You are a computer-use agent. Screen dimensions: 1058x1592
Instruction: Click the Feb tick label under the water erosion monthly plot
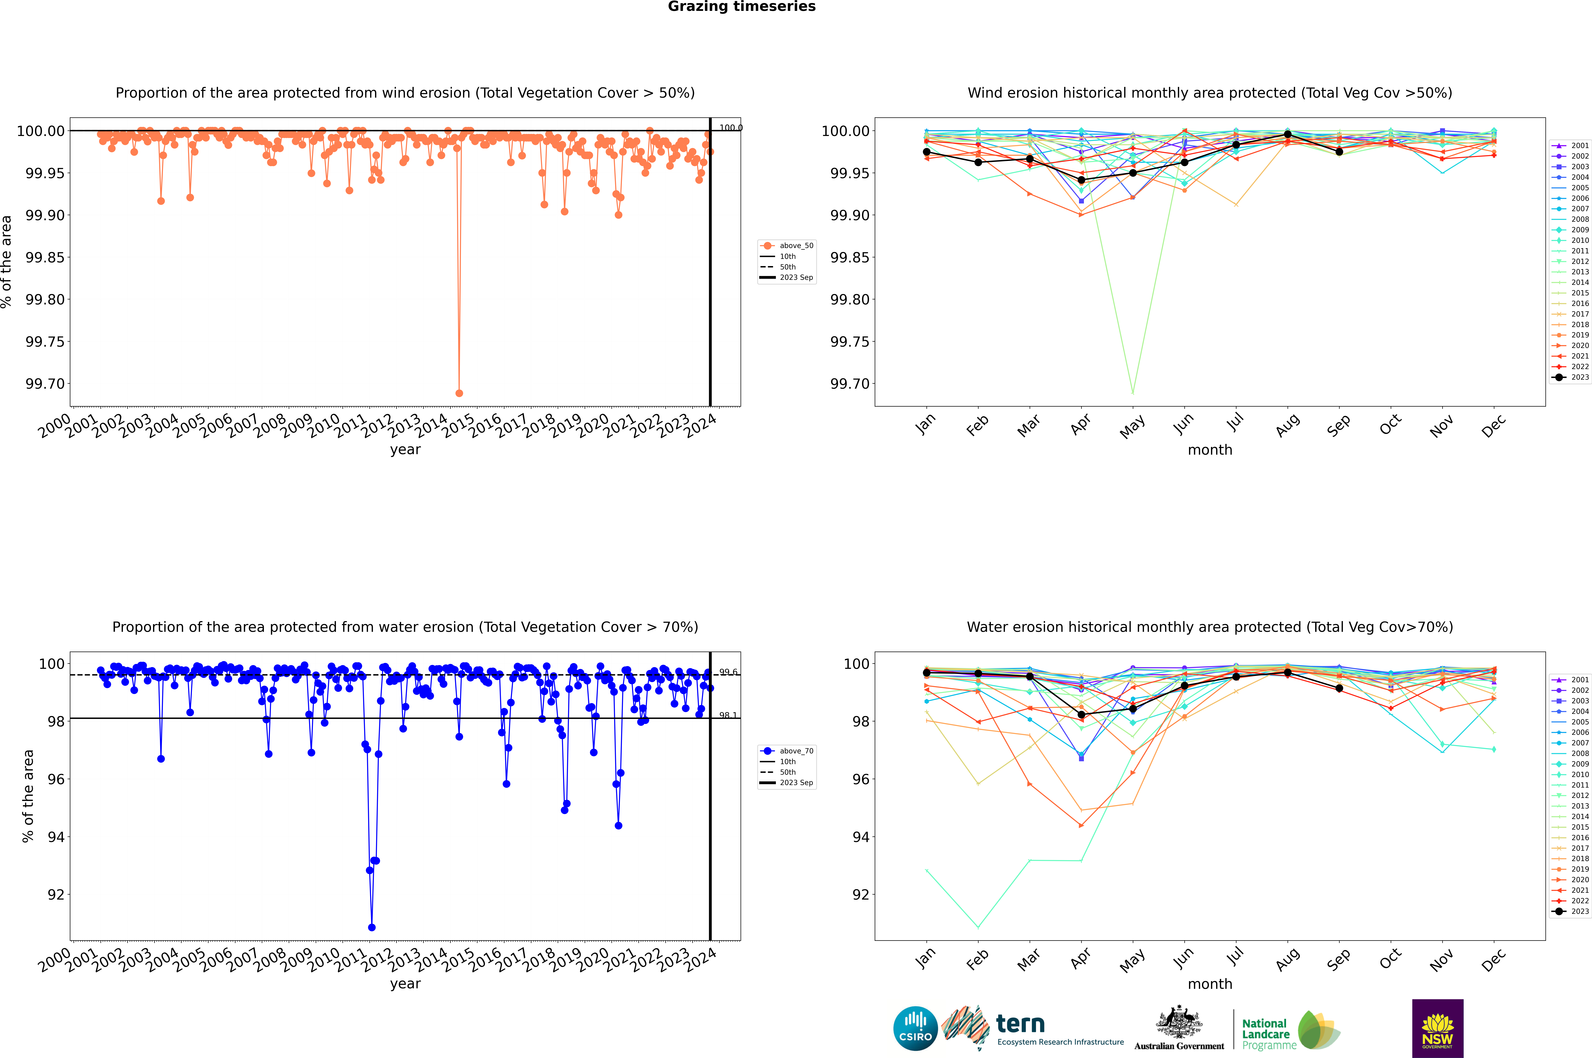(978, 960)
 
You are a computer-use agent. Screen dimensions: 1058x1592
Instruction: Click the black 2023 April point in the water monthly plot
(1081, 715)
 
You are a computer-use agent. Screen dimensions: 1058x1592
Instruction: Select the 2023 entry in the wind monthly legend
(1570, 377)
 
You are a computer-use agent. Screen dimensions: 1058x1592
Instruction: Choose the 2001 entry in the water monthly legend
(1570, 680)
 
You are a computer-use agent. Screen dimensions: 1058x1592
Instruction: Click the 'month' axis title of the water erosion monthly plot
(1209, 984)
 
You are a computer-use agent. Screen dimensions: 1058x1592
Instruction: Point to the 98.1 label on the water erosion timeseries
(728, 715)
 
